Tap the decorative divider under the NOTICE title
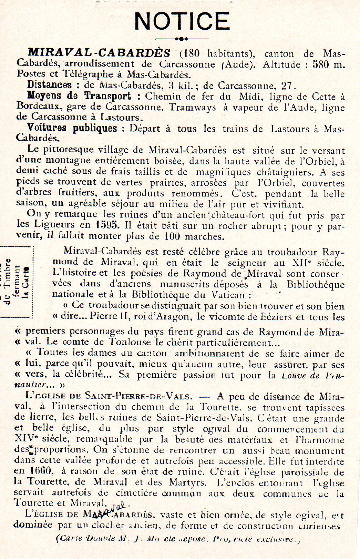pos(182,39)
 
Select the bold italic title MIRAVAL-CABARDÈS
pos(99,53)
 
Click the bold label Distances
pos(50,84)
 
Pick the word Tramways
pos(193,107)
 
